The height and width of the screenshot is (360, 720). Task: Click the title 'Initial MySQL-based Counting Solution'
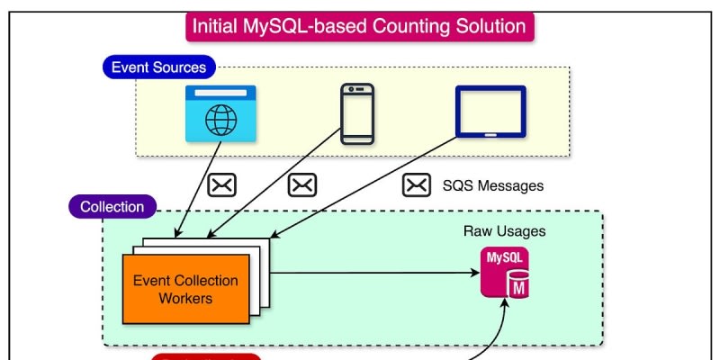(359, 25)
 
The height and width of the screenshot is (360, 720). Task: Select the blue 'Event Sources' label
(158, 67)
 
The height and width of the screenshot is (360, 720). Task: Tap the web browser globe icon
(220, 114)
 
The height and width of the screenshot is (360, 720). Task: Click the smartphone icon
(355, 114)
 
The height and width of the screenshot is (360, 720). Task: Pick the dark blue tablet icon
(490, 112)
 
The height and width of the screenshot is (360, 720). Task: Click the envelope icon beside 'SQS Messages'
(415, 185)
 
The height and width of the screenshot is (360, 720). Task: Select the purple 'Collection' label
(112, 207)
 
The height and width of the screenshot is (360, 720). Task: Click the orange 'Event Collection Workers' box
(185, 288)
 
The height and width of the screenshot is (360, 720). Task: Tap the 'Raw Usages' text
(504, 231)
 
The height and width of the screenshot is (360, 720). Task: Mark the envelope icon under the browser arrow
(221, 185)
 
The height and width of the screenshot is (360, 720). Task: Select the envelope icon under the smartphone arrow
(301, 185)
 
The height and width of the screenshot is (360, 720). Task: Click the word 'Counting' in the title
(408, 25)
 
